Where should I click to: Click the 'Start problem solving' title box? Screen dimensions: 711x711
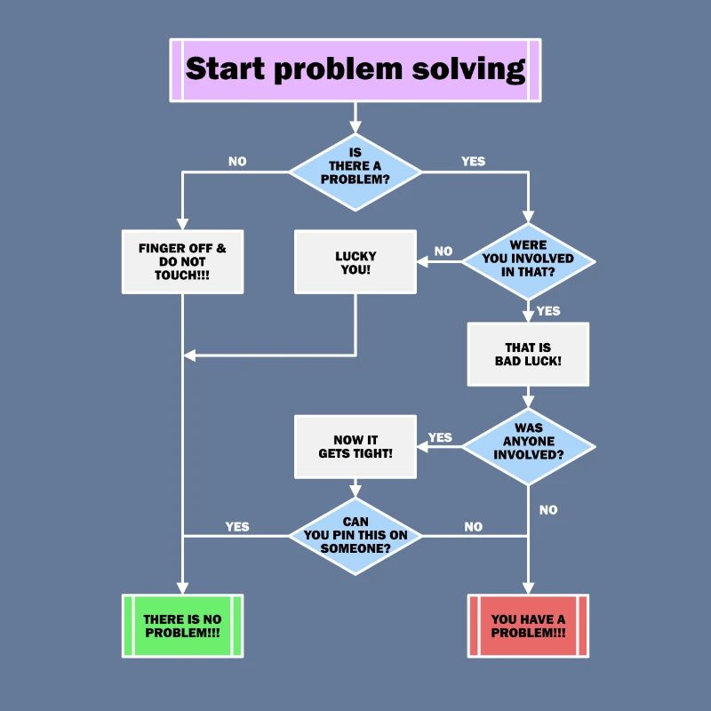tap(355, 69)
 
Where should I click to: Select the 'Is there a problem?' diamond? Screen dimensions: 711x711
tap(355, 166)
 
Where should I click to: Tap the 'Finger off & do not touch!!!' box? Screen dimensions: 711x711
tap(182, 261)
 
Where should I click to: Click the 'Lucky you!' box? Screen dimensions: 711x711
tap(355, 261)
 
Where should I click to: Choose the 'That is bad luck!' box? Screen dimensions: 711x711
tap(528, 354)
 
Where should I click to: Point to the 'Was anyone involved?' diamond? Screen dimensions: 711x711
tap(528, 441)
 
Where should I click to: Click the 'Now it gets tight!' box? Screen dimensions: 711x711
tap(355, 446)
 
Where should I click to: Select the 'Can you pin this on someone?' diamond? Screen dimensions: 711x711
tap(355, 535)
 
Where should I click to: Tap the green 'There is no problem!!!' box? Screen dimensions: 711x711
tap(182, 626)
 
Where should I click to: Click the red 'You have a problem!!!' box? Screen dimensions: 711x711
tap(528, 626)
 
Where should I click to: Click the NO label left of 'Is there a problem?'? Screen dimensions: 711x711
tap(237, 162)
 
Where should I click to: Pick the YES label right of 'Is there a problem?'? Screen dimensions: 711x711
tap(474, 162)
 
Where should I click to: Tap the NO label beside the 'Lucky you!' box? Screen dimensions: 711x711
tap(443, 252)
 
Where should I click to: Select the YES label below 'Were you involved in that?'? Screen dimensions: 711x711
tap(548, 311)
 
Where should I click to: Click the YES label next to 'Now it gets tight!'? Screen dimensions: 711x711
tap(440, 437)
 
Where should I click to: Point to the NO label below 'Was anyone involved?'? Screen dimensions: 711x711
tap(548, 510)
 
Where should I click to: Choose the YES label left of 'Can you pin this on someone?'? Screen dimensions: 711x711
tap(237, 526)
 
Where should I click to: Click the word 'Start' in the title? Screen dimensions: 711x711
tap(226, 69)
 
